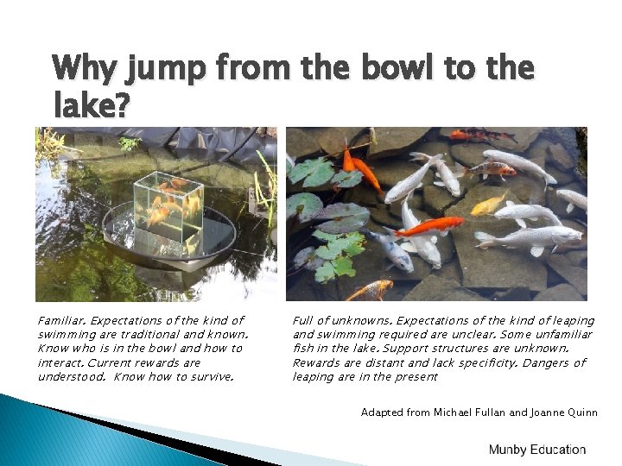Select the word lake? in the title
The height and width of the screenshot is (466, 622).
(91, 107)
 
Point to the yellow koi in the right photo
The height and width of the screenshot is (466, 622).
(490, 204)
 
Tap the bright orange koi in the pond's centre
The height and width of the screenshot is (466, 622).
(428, 226)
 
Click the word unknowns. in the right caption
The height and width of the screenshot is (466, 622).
(353, 321)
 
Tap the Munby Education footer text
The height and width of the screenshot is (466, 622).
(536, 450)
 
